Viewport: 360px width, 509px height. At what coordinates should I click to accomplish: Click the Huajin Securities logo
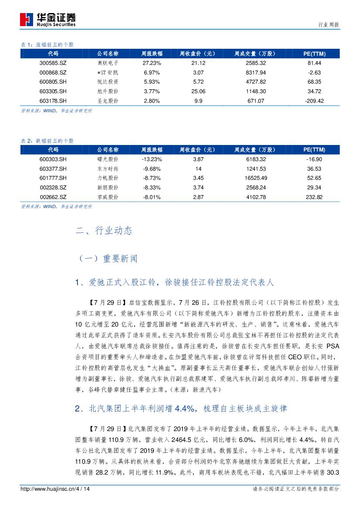(x=48, y=20)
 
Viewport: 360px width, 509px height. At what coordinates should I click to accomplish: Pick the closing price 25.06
(x=198, y=91)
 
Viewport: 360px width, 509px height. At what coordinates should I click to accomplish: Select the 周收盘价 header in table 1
(x=198, y=54)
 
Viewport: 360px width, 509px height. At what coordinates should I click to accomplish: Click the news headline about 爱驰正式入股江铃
(x=175, y=283)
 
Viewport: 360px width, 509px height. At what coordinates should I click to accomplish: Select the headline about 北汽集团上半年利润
(x=181, y=409)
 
